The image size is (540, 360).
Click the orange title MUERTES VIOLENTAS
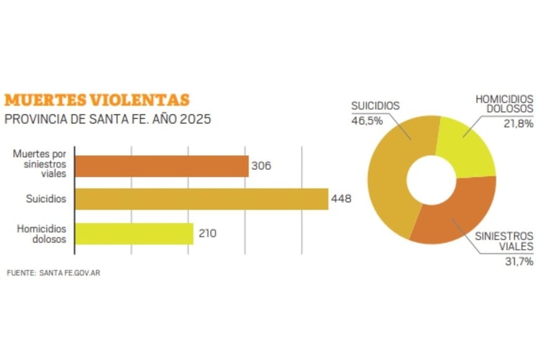click(97, 100)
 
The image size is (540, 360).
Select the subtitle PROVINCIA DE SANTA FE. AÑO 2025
click(107, 119)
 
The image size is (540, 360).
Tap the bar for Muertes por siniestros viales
click(161, 166)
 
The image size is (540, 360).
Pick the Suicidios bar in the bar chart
click(201, 199)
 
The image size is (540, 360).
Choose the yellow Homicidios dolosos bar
click(134, 233)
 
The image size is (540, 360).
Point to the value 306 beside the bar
click(262, 166)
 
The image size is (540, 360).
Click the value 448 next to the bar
click(341, 199)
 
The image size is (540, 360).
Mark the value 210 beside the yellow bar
click(207, 233)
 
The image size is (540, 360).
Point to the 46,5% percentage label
click(367, 120)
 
